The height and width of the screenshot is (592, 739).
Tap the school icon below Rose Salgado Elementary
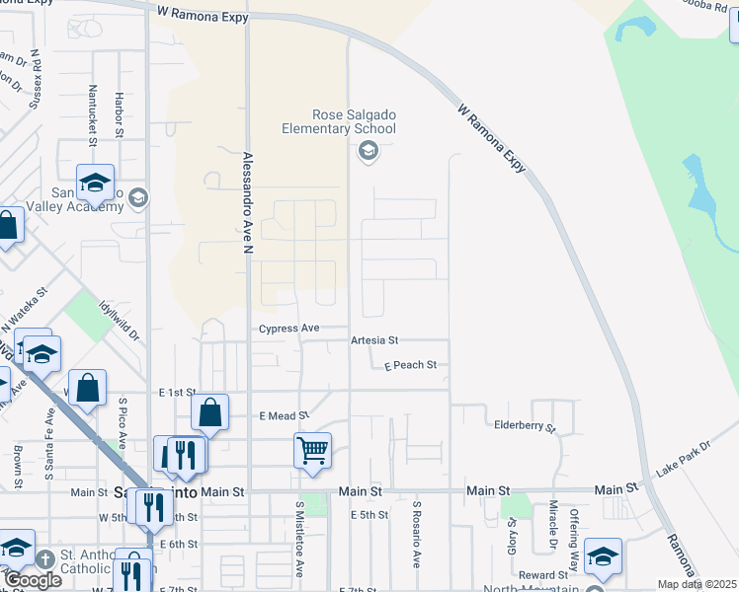tap(369, 150)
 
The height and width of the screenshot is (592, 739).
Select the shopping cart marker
tap(312, 451)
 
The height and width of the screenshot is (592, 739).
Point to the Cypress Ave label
tap(289, 329)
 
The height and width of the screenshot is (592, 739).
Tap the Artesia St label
tap(373, 340)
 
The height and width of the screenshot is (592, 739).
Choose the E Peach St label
tap(410, 365)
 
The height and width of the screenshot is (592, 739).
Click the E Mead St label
tap(284, 416)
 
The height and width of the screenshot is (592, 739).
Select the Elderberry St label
tap(526, 428)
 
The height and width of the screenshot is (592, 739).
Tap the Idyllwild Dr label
tap(120, 321)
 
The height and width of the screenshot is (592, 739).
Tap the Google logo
tap(33, 580)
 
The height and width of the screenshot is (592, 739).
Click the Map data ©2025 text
tap(697, 584)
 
